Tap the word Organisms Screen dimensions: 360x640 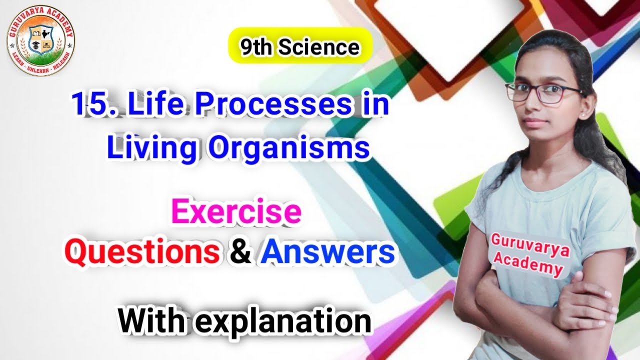(x=289, y=148)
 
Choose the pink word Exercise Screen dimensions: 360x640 (x=236, y=212)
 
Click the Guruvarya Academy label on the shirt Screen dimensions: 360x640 (x=530, y=254)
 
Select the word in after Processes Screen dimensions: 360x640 (x=373, y=105)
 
